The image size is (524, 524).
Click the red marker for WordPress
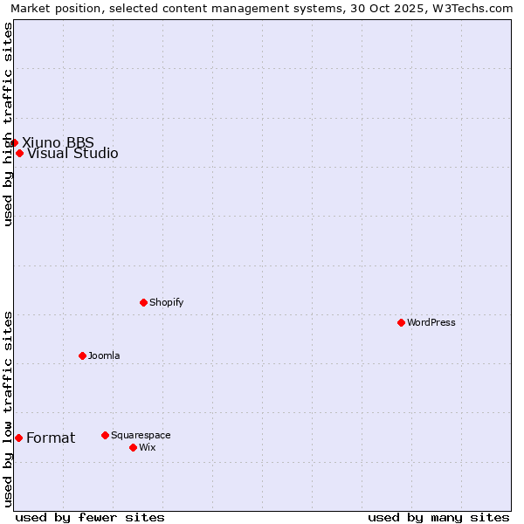pyautogui.click(x=401, y=322)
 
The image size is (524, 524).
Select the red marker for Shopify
pyautogui.click(x=143, y=302)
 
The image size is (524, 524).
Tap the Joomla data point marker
pyautogui.click(x=82, y=355)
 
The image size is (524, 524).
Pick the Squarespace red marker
pyautogui.click(x=105, y=435)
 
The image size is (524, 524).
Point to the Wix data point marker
pyautogui.click(x=133, y=447)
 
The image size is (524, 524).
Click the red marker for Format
pyautogui.click(x=18, y=438)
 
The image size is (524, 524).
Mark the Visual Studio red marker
pyautogui.click(x=19, y=153)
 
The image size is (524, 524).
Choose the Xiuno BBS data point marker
pyautogui.click(x=15, y=142)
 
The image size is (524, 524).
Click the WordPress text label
pyautogui.click(x=431, y=322)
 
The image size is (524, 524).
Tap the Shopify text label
pyautogui.click(x=166, y=302)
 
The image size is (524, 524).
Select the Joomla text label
pyautogui.click(x=104, y=355)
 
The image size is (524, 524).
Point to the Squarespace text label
pyautogui.click(x=141, y=435)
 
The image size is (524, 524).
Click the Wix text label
pyautogui.click(x=147, y=447)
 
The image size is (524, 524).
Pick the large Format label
pyautogui.click(x=51, y=438)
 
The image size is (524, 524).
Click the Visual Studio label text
pyautogui.click(x=72, y=154)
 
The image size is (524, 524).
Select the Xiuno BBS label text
pyautogui.click(x=58, y=142)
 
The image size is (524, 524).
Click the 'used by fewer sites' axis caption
pyautogui.click(x=90, y=517)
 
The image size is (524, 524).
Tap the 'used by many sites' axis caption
pyautogui.click(x=438, y=517)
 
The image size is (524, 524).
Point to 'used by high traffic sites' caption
pyautogui.click(x=8, y=124)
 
